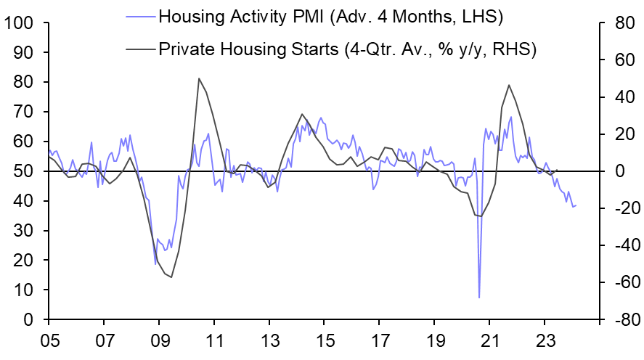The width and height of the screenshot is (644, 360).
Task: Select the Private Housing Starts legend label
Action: click(347, 49)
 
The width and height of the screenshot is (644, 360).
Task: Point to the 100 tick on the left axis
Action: click(19, 23)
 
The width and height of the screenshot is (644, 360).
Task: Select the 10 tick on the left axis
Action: click(24, 290)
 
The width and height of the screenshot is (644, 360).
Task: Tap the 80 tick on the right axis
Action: click(618, 23)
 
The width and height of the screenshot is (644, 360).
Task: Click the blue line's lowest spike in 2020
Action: click(479, 298)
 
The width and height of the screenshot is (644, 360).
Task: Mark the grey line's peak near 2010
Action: click(199, 78)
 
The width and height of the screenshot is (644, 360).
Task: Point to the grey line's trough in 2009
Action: click(171, 277)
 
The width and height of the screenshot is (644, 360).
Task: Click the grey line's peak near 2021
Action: click(508, 85)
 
